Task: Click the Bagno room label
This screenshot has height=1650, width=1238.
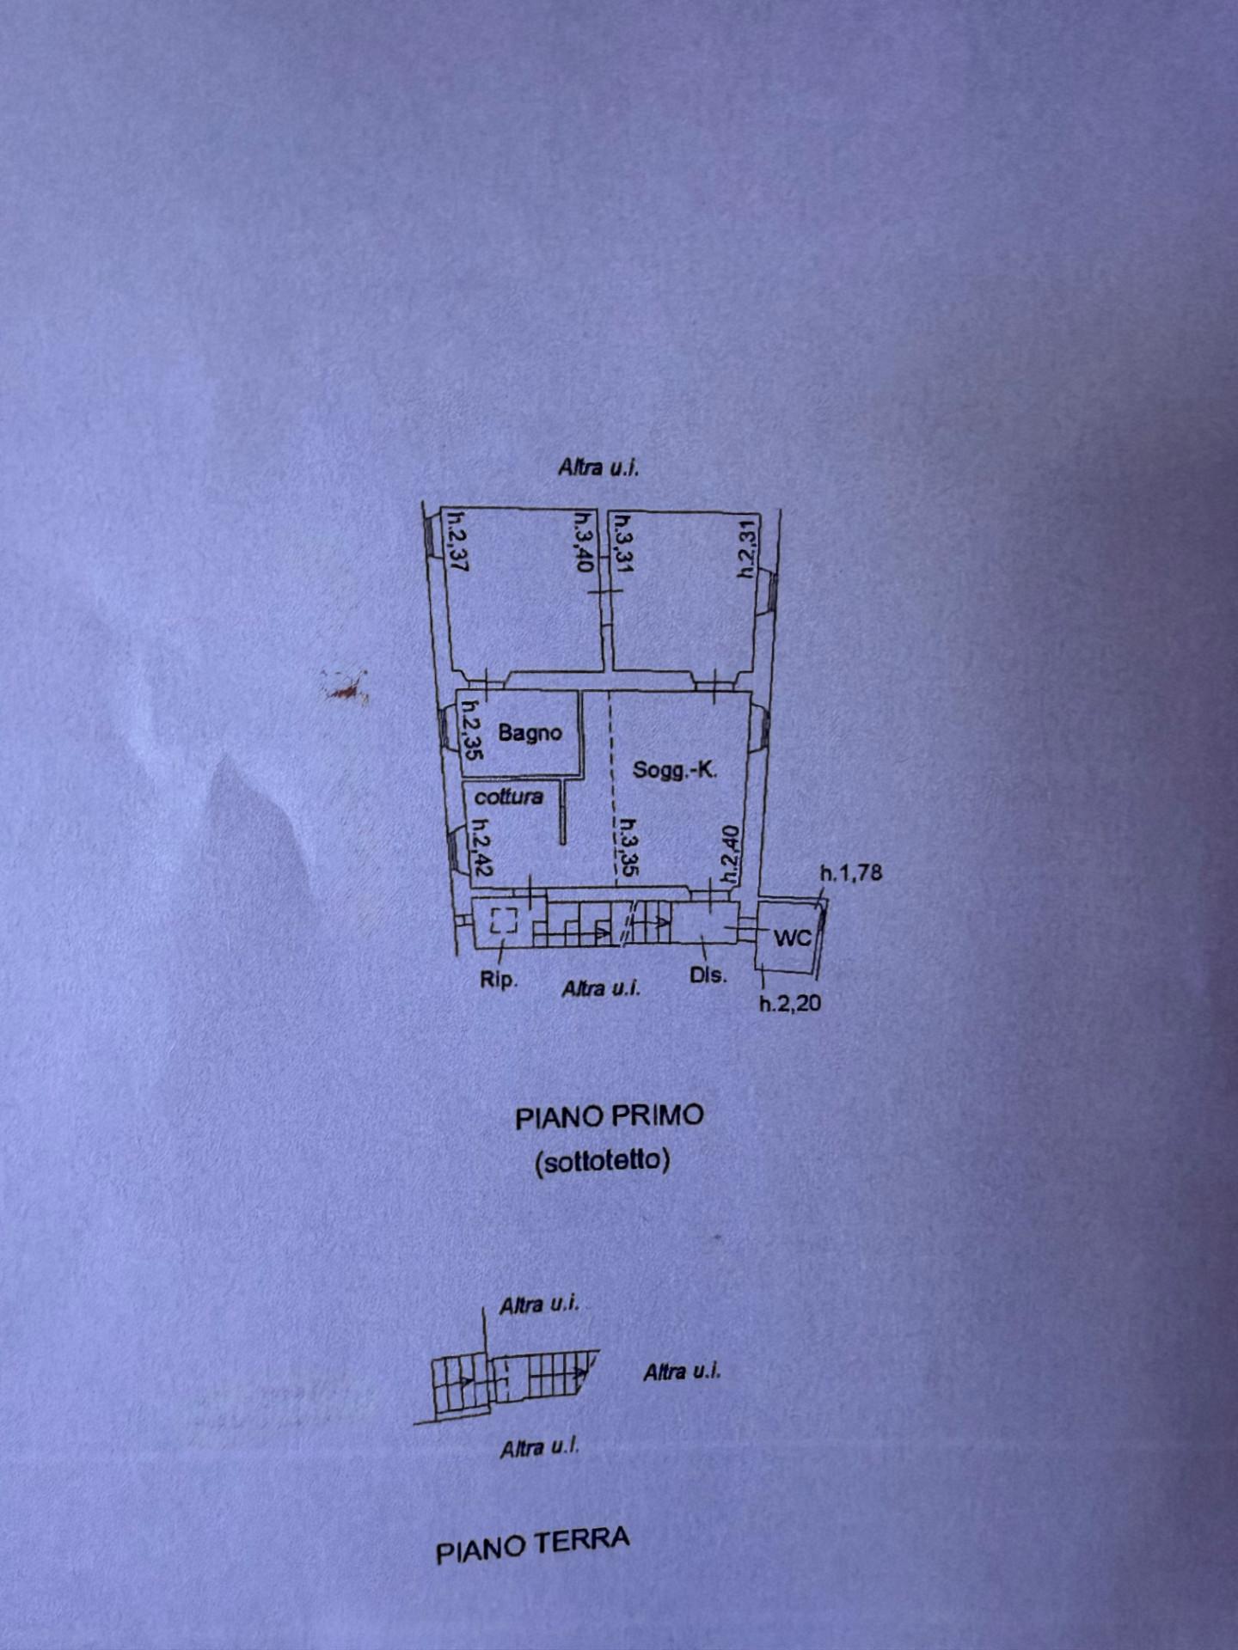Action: point(530,733)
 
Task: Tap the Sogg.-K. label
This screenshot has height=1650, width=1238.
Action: point(676,770)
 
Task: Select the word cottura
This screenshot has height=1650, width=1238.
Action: point(509,797)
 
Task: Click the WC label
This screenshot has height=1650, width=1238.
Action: point(792,938)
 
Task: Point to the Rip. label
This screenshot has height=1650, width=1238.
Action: point(499,981)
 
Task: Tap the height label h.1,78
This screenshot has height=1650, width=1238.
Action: point(850,876)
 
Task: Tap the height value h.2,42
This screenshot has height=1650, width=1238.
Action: point(480,846)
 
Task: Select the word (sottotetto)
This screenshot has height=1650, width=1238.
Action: point(602,1161)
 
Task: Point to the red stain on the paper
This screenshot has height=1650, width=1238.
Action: point(344,687)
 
